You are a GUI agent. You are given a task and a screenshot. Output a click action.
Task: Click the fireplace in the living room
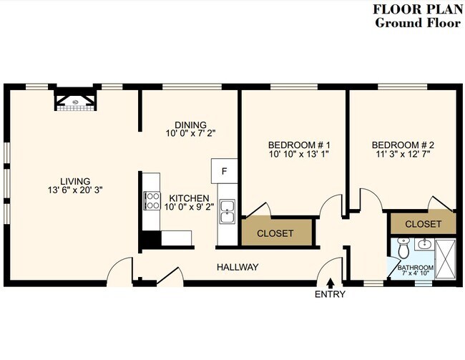tap(76, 99)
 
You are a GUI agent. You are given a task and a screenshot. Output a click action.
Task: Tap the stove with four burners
tap(152, 201)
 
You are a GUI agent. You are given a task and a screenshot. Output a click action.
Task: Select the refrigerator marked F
tap(224, 171)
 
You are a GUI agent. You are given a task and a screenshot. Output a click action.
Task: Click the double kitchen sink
tap(227, 211)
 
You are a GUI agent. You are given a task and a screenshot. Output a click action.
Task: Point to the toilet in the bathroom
tap(403, 248)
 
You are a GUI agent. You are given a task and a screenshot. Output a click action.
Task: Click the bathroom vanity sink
tap(424, 244)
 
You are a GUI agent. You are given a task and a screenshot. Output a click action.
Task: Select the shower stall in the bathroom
tap(446, 259)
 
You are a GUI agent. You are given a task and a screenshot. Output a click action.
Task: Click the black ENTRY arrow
tap(331, 283)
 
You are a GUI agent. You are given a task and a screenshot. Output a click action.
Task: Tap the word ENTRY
tap(330, 294)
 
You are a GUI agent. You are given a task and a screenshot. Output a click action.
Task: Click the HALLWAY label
tap(238, 267)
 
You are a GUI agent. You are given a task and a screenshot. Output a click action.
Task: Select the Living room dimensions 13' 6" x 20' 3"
tap(75, 190)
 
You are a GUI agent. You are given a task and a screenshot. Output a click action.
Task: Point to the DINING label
tap(190, 125)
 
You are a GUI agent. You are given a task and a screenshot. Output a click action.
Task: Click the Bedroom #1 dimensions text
tap(299, 154)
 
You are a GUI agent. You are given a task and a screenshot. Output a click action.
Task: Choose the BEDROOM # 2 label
tap(403, 145)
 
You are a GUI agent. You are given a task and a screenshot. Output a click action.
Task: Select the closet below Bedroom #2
tap(424, 223)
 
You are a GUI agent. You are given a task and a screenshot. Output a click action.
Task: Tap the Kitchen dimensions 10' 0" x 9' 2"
tap(189, 207)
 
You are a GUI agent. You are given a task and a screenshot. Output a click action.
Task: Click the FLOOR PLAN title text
tap(418, 9)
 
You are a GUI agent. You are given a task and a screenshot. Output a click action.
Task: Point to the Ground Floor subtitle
tap(418, 23)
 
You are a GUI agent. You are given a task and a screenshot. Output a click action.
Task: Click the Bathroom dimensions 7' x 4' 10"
tap(416, 273)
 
